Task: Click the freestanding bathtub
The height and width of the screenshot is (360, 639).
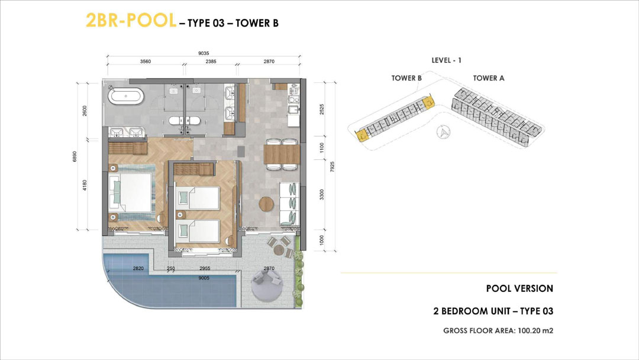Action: [126, 97]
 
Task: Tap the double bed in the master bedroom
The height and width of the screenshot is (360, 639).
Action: [130, 193]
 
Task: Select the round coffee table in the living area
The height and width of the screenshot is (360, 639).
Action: [267, 204]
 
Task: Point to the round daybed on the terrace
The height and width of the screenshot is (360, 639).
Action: [266, 286]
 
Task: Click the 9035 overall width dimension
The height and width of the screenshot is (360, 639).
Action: [204, 53]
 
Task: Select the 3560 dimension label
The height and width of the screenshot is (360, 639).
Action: [146, 62]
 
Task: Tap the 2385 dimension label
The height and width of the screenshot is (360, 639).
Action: [211, 62]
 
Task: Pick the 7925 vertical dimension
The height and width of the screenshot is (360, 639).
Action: [332, 167]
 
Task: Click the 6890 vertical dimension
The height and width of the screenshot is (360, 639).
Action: [75, 156]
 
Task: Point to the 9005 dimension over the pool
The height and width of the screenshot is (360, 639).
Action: [204, 278]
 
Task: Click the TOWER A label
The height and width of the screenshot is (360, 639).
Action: [489, 78]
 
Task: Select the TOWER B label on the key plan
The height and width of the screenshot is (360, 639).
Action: [406, 78]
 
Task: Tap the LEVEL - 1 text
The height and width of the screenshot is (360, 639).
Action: [446, 60]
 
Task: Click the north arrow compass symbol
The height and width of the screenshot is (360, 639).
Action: [444, 132]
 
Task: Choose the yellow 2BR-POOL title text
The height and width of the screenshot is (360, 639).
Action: [131, 20]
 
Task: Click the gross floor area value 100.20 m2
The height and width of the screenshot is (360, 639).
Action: [535, 330]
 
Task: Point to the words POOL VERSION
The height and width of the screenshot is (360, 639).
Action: [519, 289]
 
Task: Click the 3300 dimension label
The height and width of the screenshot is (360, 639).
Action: [322, 194]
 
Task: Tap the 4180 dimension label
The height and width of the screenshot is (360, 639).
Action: [85, 185]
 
